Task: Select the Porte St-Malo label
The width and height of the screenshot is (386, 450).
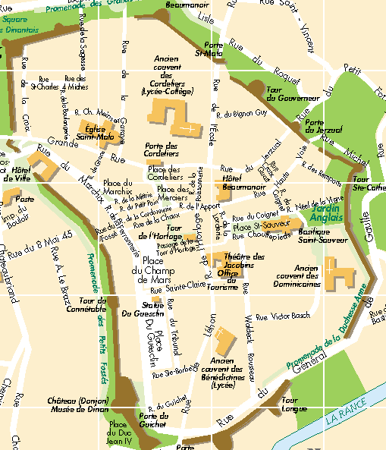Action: [209, 49]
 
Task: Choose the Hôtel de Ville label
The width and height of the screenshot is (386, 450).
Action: [17, 174]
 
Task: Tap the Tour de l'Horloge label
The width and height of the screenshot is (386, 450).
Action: [174, 231]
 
